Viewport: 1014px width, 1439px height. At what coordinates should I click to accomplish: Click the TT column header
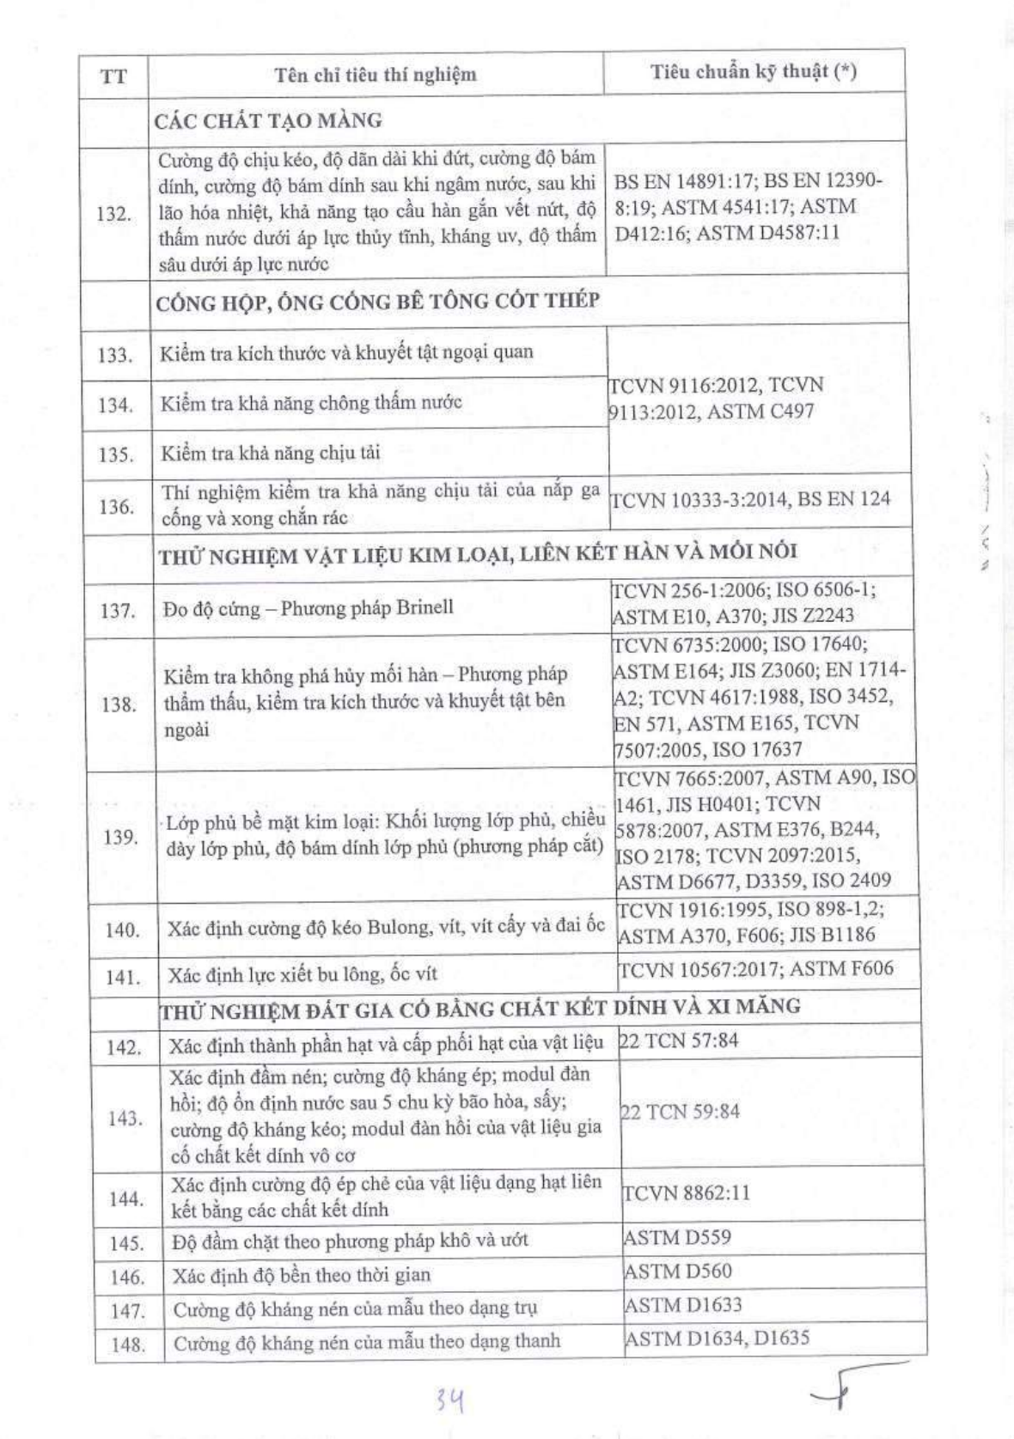(113, 76)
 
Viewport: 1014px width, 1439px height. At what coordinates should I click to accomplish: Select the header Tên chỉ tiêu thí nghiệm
(376, 75)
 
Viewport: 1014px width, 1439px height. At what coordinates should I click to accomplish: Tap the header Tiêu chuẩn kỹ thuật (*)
(754, 72)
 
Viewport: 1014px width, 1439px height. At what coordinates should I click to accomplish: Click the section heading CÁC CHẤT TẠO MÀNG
(268, 121)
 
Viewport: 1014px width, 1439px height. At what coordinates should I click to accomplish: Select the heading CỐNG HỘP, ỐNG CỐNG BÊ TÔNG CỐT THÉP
(378, 302)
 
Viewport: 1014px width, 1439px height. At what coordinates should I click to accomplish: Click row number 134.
(115, 405)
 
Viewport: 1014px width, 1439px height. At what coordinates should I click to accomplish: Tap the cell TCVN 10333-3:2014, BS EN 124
(750, 498)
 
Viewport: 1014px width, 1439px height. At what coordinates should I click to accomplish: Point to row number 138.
(119, 704)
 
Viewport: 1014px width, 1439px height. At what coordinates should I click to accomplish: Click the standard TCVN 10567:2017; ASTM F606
(756, 969)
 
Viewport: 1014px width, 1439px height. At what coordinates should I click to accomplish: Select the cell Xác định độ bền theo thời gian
(302, 1275)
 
